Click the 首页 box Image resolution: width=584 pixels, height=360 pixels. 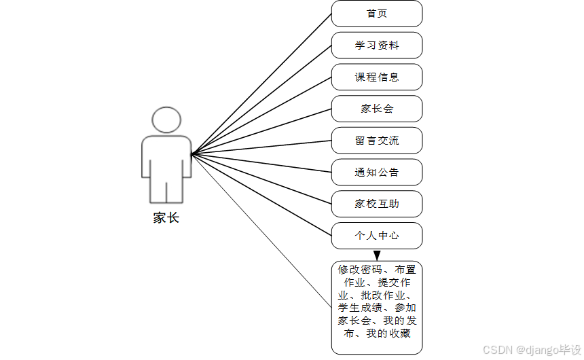(x=377, y=14)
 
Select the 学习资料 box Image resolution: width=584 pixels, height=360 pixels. (x=377, y=46)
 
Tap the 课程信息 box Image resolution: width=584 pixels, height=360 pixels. (x=377, y=77)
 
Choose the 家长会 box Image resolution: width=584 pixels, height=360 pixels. (x=377, y=109)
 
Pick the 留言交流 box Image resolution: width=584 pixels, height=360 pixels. (x=377, y=141)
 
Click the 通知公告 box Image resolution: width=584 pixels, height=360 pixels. (x=377, y=173)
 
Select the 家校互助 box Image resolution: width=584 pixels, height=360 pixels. (x=377, y=204)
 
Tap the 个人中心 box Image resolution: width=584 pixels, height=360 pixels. (x=377, y=236)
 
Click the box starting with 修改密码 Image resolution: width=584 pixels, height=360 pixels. (x=377, y=307)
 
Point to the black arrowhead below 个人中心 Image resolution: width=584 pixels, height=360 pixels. (x=377, y=255)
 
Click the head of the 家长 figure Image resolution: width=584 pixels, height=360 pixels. (x=166, y=120)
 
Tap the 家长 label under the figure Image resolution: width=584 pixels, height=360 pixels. (x=166, y=218)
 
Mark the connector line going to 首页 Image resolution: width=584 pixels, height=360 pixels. (x=261, y=84)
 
